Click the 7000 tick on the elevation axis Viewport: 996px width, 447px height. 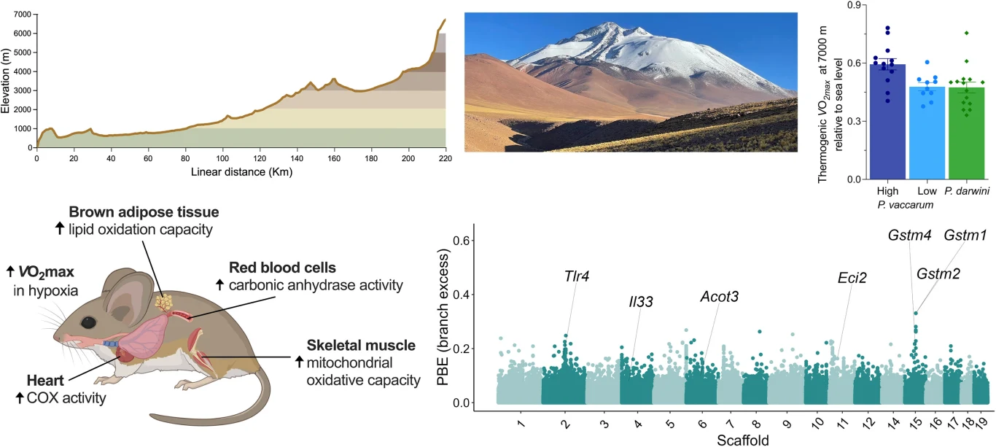pos(22,15)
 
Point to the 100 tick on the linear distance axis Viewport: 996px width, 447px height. pos(222,158)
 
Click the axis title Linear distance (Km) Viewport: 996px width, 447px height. pos(241,172)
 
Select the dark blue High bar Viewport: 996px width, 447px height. pos(887,122)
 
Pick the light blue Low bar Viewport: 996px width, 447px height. pos(927,133)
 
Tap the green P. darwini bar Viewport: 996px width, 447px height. pos(967,133)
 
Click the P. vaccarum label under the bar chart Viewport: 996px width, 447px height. pos(906,205)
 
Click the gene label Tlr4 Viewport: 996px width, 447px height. pos(576,276)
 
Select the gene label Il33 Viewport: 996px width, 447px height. pos(641,302)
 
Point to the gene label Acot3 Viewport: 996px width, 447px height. pos(720,297)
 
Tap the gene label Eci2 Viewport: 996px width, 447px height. pos(852,278)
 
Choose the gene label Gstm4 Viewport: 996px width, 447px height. pos(909,236)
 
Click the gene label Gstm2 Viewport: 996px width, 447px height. pos(938,273)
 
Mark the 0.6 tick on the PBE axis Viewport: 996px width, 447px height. pos(461,241)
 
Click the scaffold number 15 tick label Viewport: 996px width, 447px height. pos(916,422)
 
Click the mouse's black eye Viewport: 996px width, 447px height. pos(88,322)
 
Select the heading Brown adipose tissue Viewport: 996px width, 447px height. pos(144,212)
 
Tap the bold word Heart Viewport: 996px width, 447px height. pos(45,381)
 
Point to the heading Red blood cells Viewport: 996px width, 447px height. pos(282,268)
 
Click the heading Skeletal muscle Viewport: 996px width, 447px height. pos(361,346)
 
